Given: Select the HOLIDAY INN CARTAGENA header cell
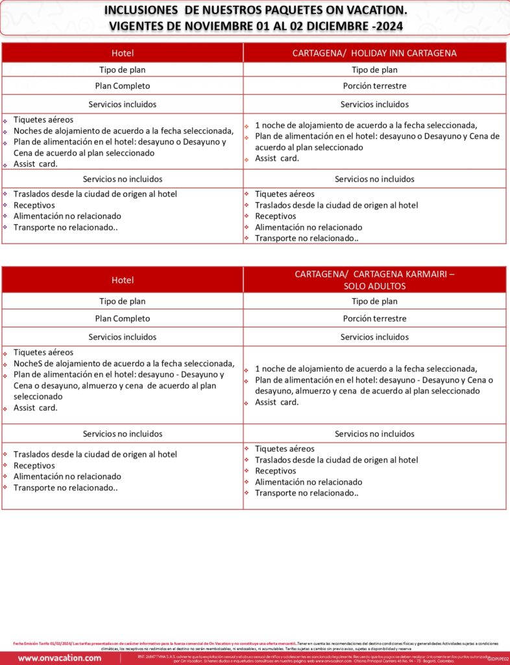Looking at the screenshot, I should [374, 53].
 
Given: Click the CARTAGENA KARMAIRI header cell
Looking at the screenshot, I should [374, 274].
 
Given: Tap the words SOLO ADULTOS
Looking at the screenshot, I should [374, 285].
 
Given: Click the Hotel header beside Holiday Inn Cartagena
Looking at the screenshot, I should [123, 53].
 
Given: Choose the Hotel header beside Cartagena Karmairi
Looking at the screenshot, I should [123, 280].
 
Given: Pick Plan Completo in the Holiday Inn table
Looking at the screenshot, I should [123, 86].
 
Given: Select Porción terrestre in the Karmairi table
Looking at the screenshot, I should [374, 319].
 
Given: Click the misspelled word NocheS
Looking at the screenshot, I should [29, 364].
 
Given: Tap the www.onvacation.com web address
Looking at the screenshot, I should [60, 658].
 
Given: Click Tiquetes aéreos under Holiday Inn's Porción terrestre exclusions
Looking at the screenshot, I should [284, 194].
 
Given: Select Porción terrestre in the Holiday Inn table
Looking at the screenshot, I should [374, 86].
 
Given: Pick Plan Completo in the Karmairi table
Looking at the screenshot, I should [123, 319].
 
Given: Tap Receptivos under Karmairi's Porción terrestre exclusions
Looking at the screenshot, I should [275, 471].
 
